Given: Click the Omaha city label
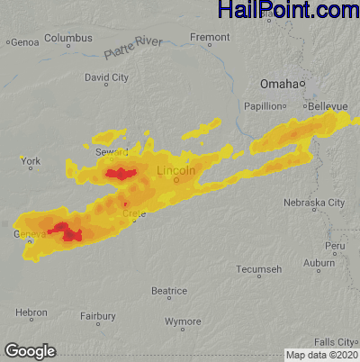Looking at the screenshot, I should [x=278, y=84].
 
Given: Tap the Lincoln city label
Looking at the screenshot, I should [x=175, y=170].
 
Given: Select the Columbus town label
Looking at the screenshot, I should [x=68, y=39].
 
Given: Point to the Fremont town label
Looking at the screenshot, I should [x=211, y=38].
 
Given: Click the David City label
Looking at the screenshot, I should [x=106, y=78].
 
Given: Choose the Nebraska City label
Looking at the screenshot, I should [x=314, y=203].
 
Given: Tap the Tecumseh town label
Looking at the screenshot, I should [x=259, y=269].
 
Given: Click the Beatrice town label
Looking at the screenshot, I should [x=168, y=291].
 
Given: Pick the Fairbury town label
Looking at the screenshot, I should [x=97, y=316].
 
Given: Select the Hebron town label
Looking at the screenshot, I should [x=31, y=312].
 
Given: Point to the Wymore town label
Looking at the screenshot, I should [x=184, y=321].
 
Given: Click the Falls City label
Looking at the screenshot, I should [x=335, y=342].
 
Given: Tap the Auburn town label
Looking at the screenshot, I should [x=319, y=263].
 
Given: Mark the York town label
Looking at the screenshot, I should [x=31, y=162].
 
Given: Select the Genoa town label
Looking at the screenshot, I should [x=23, y=41].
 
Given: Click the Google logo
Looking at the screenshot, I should [x=30, y=350].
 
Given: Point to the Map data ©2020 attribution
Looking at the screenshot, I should [x=321, y=355].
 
